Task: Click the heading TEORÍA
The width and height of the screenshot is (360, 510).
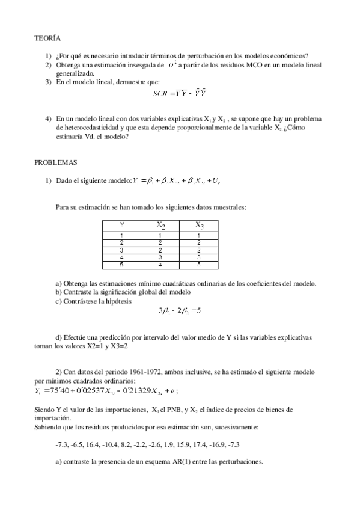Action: click(x=47, y=38)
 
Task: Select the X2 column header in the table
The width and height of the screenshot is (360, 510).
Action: click(x=161, y=225)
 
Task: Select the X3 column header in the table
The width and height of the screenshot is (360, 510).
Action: click(x=199, y=225)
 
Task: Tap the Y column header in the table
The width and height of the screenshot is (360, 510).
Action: click(x=122, y=225)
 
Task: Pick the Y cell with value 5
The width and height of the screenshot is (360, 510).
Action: click(x=122, y=264)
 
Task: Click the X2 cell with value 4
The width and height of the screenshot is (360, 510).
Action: click(x=160, y=264)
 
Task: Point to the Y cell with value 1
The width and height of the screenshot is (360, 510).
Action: click(x=122, y=235)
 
